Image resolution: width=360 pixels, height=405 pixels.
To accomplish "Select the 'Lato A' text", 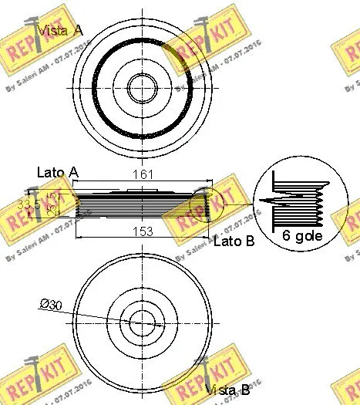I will click(x=57, y=171).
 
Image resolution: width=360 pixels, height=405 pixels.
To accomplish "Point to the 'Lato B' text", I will click(x=234, y=241).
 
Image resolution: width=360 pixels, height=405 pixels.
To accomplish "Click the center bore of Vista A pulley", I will click(x=141, y=86).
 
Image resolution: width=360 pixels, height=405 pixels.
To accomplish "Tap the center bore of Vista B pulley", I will click(x=141, y=322).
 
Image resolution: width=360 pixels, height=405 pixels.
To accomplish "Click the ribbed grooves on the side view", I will click(x=139, y=204).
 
